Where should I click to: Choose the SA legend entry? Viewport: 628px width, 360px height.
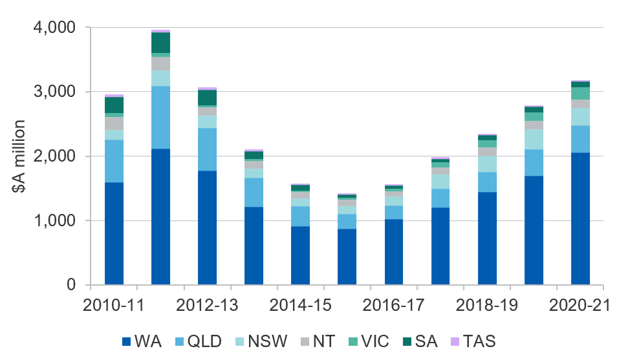point(421,340)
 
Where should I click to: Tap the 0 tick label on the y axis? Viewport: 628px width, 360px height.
point(70,285)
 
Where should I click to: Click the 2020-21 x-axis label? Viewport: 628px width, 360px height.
point(579,306)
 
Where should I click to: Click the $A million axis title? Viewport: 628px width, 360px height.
point(19,156)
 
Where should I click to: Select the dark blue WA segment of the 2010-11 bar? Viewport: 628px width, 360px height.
point(114,233)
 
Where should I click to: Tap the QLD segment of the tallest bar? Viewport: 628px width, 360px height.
point(160,117)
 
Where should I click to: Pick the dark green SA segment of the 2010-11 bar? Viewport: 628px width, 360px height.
point(114,105)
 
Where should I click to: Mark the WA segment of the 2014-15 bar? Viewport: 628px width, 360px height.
point(300,255)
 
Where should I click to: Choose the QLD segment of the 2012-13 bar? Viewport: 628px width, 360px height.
point(207,149)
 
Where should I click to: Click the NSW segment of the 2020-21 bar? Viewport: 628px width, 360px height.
point(580,116)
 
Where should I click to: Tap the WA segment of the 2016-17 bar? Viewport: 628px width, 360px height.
point(393,252)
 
